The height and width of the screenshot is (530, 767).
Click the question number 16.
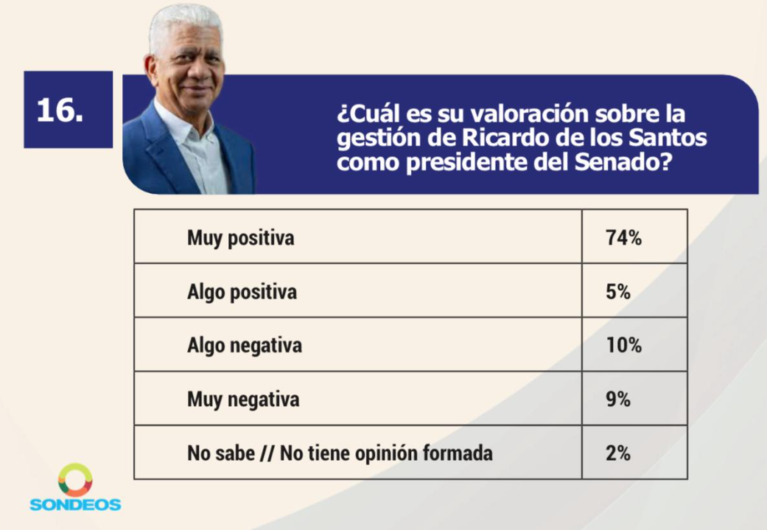click(x=60, y=110)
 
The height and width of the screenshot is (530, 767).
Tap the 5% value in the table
click(x=618, y=292)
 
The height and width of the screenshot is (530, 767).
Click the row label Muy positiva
click(x=241, y=239)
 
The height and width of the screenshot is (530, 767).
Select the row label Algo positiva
click(x=242, y=293)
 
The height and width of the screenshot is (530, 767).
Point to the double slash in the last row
click(x=267, y=453)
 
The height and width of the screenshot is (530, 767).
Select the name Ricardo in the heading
click(x=506, y=138)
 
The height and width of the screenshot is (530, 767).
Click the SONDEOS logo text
click(x=75, y=504)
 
